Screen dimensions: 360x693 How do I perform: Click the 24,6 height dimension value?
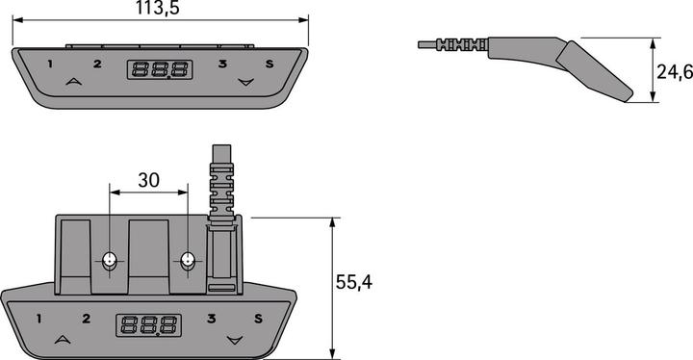click(673, 71)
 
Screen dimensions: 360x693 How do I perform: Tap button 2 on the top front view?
click(96, 64)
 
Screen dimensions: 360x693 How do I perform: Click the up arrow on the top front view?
click(72, 83)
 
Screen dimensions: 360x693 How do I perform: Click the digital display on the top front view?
click(159, 69)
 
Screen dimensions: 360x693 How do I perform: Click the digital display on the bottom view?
click(149, 324)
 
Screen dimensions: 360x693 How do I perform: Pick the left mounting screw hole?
click(110, 260)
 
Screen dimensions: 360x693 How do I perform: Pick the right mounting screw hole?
click(188, 260)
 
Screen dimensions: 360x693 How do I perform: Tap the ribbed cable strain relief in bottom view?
click(221, 188)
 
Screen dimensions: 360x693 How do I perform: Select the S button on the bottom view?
click(257, 320)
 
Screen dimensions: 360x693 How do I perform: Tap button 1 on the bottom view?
click(38, 319)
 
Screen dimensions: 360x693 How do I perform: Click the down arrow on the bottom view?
click(234, 340)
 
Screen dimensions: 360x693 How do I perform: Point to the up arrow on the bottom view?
click(63, 339)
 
